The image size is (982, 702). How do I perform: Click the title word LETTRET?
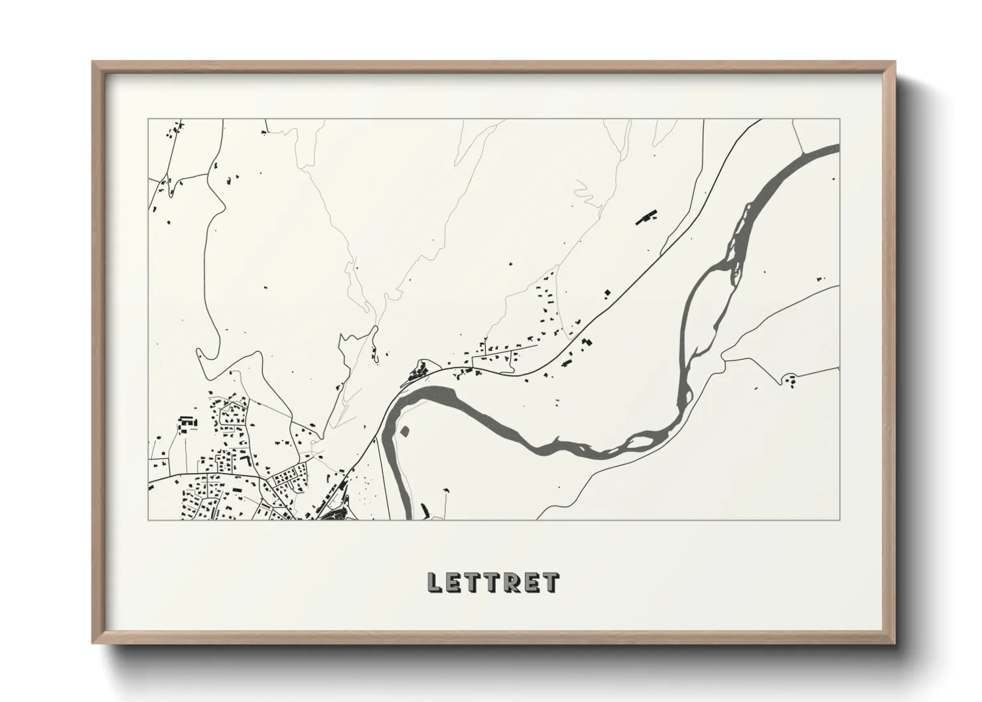coord(493,583)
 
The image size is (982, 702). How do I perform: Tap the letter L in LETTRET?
coord(434,583)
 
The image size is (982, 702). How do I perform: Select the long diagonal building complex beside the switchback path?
coord(646,218)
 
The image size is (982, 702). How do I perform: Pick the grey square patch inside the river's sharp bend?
coord(404,431)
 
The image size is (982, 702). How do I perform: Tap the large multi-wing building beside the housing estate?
coord(187,423)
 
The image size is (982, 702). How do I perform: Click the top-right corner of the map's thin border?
coord(839,119)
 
